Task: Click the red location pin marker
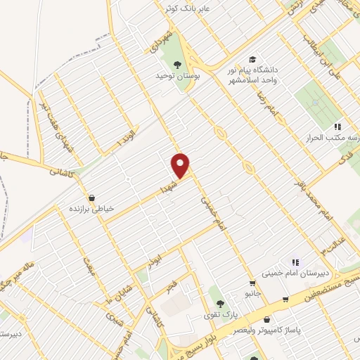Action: coord(181,165)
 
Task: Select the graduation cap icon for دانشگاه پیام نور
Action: coord(252,60)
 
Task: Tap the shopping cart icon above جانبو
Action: coord(252,283)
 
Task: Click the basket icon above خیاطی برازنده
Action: coord(91,198)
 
